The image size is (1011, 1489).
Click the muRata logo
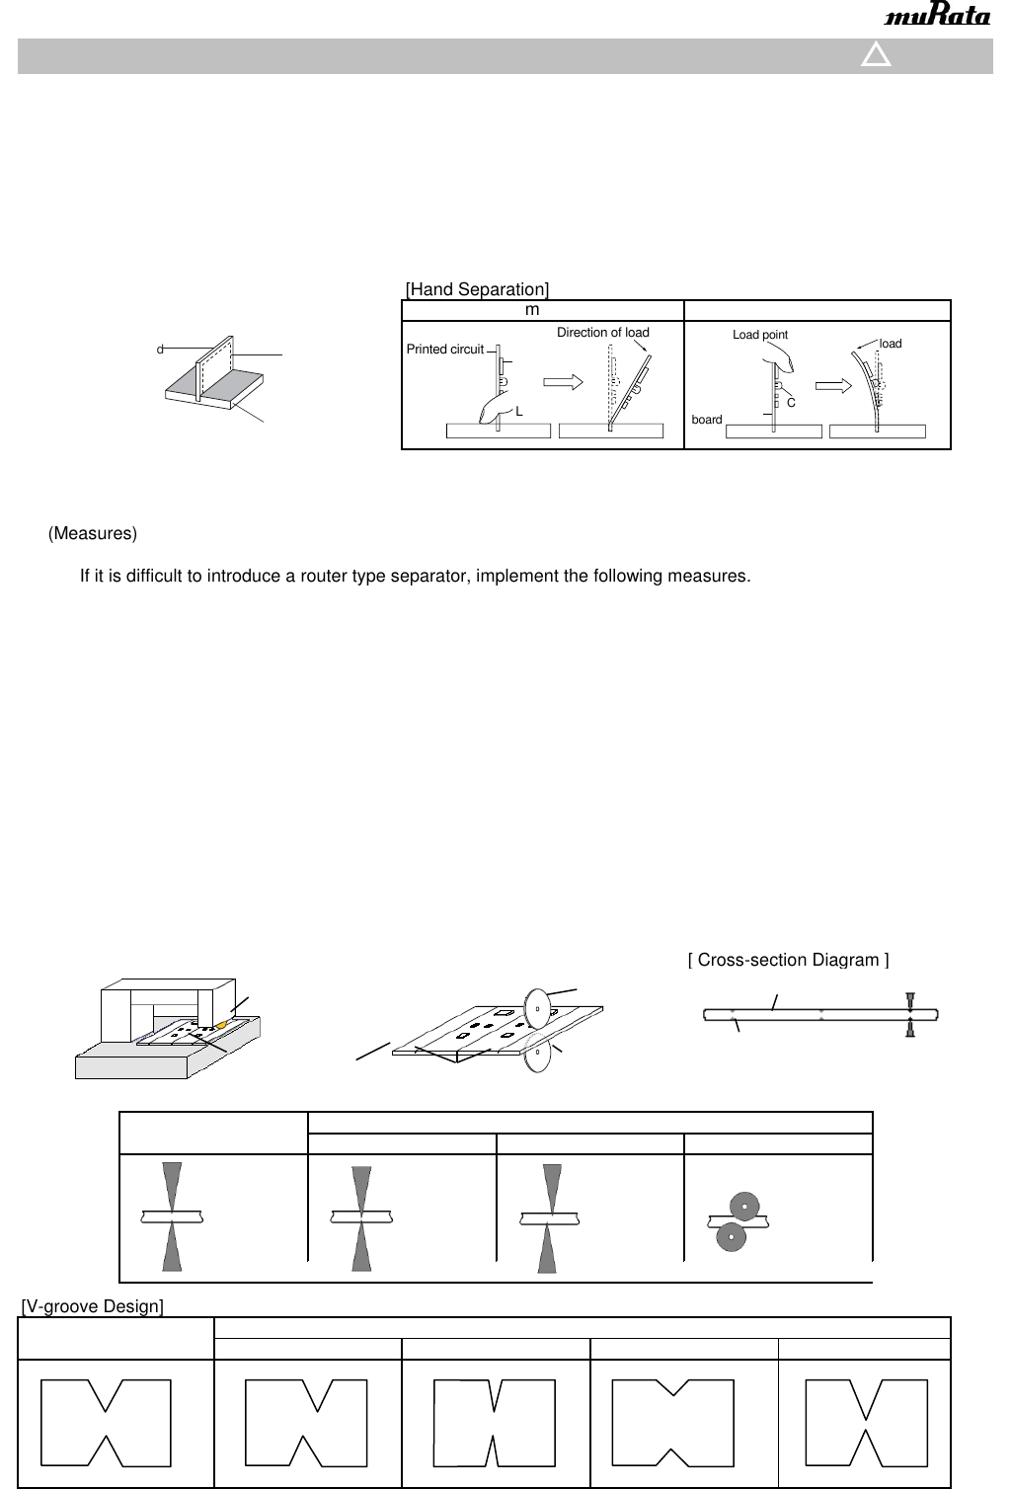tap(937, 18)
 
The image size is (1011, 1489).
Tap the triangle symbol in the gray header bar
tap(876, 55)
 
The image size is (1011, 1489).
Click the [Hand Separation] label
tap(477, 289)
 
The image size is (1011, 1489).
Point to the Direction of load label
tap(602, 333)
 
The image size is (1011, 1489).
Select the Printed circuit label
tap(444, 350)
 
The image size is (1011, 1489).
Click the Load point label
tap(759, 335)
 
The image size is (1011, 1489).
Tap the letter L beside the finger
tap(519, 411)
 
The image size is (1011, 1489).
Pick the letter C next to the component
tap(791, 402)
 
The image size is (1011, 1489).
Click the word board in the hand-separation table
tap(707, 420)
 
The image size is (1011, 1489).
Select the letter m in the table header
tap(532, 310)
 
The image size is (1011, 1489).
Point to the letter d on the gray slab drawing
tap(159, 350)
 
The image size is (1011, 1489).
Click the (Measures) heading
tap(93, 533)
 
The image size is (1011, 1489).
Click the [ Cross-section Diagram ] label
tap(788, 960)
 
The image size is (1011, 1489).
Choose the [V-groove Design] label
tap(93, 1307)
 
